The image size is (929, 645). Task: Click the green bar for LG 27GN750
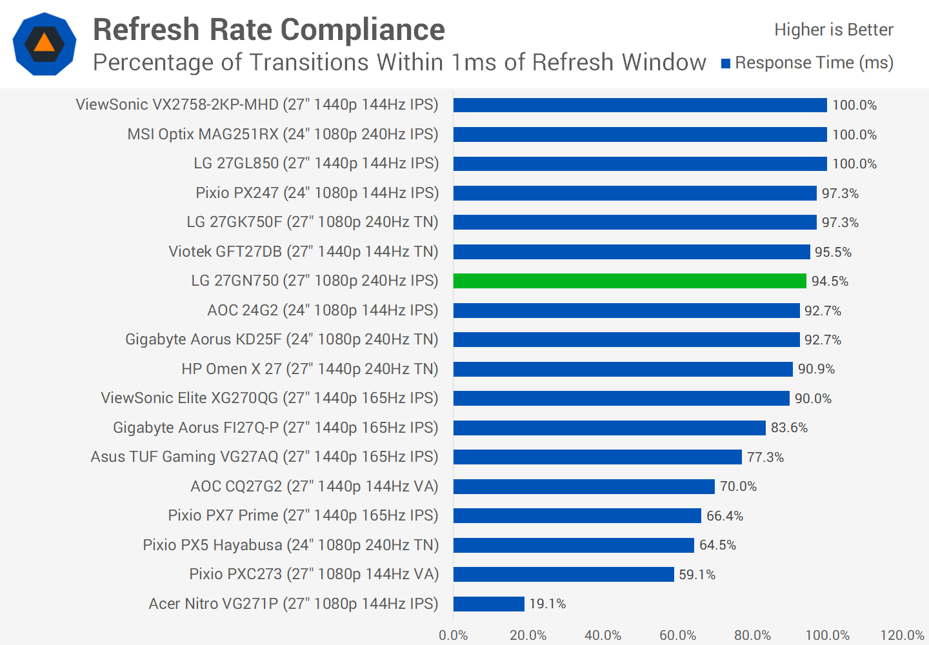pos(630,281)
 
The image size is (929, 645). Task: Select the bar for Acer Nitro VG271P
pos(488,604)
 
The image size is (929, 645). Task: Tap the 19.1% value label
pos(547,604)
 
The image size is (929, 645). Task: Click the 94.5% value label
pos(830,281)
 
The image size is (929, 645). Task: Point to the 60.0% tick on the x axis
pos(677,635)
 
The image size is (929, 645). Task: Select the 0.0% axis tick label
pos(454,635)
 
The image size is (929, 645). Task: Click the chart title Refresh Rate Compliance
pos(269,30)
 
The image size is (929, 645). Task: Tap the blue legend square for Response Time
pos(726,63)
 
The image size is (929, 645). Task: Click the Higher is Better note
pos(834,30)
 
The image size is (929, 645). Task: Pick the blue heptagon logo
pos(45,44)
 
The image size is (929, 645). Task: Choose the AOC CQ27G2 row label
pos(314,486)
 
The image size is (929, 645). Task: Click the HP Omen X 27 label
pos(310,369)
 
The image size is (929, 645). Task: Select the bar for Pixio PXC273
pos(563,574)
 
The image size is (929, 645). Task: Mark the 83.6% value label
pos(789,428)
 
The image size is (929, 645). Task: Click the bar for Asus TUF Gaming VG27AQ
pos(597,457)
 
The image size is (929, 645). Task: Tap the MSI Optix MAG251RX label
pos(283,134)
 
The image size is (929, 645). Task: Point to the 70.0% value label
pos(738,486)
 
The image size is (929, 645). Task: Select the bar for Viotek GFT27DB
pos(632,252)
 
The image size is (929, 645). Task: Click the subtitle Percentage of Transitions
pos(399,63)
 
